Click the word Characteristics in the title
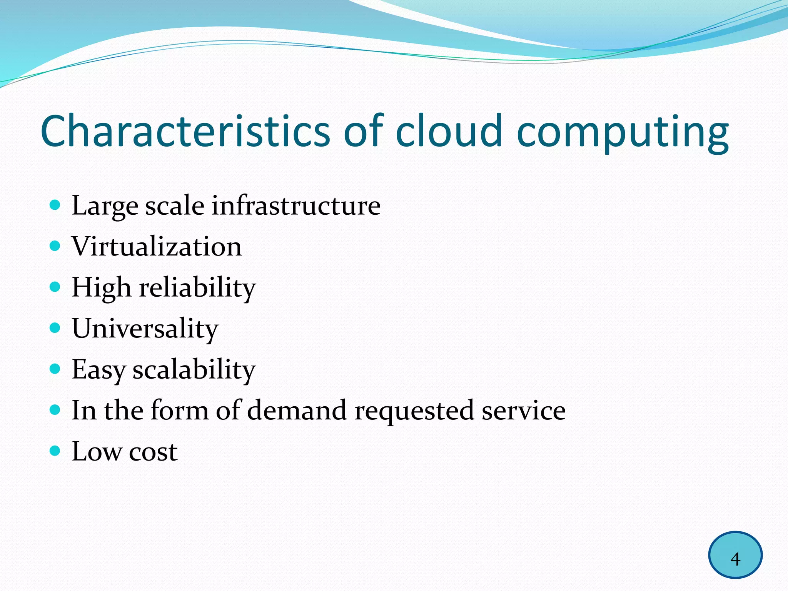pos(185,131)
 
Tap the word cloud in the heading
pos(449,131)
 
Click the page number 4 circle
pos(735,555)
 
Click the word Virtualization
pos(157,246)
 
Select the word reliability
pos(197,288)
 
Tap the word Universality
pos(145,329)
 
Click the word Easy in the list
pos(98,370)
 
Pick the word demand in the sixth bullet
pos(297,410)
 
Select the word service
pos(524,410)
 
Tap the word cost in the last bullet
pos(153,451)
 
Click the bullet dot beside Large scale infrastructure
pos(55,204)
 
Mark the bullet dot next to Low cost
pos(55,451)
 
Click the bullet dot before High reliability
pos(55,287)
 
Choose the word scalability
pos(194,370)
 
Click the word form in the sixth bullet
pos(179,410)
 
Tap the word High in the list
pos(101,288)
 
